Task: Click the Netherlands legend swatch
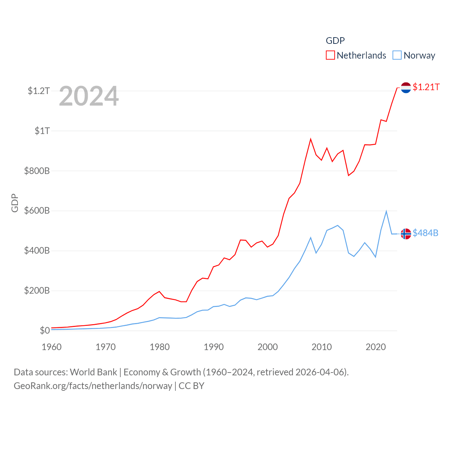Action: point(330,55)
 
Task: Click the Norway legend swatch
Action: point(397,55)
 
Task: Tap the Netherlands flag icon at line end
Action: point(406,87)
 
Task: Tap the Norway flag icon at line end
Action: point(406,234)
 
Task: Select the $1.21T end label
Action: point(426,87)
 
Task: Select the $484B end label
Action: point(425,233)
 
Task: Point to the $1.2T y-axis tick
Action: point(39,91)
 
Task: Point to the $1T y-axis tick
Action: point(42,131)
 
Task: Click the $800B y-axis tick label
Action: point(37,171)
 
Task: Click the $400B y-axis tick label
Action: point(37,250)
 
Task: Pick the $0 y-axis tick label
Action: point(45,330)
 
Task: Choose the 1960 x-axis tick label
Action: point(52,347)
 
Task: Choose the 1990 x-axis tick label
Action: point(214,347)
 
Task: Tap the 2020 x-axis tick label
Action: point(376,347)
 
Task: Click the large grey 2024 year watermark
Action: point(89,96)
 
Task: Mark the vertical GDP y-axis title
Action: point(15,203)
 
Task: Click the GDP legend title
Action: point(335,41)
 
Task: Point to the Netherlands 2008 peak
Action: point(311,139)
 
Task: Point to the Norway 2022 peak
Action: point(386,211)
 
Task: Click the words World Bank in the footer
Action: point(93,372)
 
